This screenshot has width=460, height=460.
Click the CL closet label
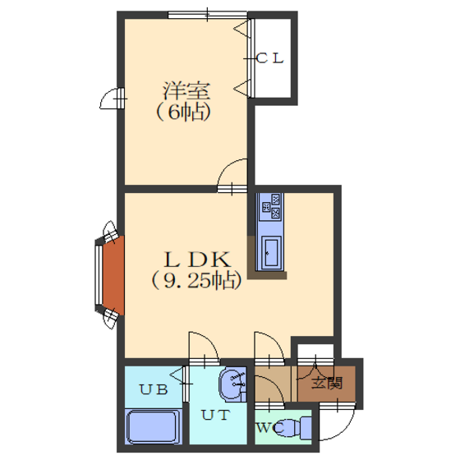269,58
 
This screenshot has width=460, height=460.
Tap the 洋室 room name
186,90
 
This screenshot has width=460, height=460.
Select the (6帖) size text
183,112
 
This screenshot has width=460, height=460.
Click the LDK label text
197,260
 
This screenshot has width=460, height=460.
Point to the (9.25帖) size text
196,280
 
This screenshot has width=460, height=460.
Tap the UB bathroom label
154,389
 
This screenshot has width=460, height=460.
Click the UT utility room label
215,415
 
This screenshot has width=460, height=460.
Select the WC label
270,428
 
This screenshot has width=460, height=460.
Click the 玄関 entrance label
327,383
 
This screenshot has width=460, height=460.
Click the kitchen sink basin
271,252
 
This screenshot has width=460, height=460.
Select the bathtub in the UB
152,426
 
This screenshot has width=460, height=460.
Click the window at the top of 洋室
208,15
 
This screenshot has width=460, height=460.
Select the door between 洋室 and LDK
232,176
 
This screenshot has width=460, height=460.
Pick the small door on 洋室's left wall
113,99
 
